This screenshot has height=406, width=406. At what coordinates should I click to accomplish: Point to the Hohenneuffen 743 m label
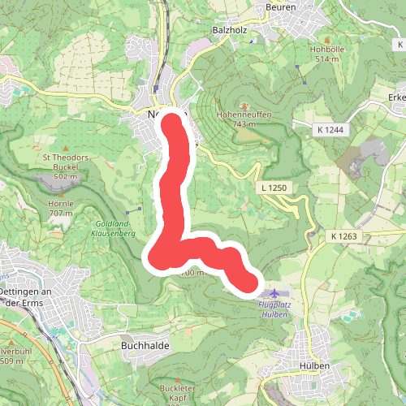coord(244,119)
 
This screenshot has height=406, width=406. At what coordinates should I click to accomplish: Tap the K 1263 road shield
coord(344,235)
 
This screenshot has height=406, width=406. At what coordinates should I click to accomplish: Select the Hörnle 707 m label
coord(61,208)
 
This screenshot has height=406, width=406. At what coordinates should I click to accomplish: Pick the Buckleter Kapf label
coord(178,393)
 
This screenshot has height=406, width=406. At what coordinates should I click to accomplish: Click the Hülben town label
coord(313,366)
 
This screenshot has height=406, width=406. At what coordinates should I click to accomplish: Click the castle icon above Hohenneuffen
coord(244,106)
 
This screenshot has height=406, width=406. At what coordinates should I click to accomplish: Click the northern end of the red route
coord(173,123)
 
